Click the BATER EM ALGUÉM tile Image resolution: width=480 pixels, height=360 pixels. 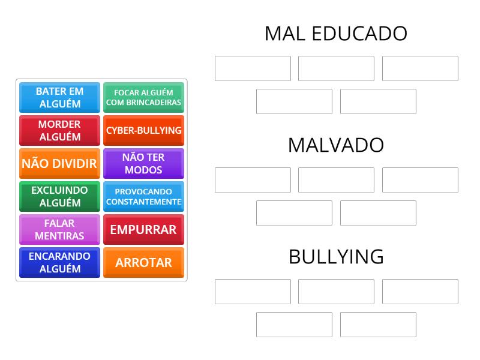(x=59, y=97)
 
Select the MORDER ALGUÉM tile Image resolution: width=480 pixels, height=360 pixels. (x=59, y=130)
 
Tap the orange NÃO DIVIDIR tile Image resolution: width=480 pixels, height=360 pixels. (x=59, y=163)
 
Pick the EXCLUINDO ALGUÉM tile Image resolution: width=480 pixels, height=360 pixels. (x=59, y=197)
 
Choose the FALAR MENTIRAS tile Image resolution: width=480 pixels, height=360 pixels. (x=59, y=230)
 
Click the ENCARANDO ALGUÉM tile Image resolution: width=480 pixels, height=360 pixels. (x=59, y=263)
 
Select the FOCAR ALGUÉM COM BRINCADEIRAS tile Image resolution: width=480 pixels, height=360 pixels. (x=143, y=97)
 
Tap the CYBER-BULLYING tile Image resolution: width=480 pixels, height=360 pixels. (x=143, y=130)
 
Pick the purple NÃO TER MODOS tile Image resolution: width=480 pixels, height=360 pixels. (x=143, y=163)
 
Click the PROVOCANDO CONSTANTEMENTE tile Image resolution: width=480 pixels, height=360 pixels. (x=143, y=197)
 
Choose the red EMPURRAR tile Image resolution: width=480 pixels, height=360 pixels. (x=143, y=230)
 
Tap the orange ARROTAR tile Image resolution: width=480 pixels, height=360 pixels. (x=143, y=263)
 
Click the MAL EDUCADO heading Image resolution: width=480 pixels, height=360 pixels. (x=336, y=34)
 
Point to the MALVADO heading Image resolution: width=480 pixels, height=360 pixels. (x=336, y=145)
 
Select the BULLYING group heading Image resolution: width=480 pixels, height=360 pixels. (x=336, y=257)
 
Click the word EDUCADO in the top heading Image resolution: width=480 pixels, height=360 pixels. (x=359, y=34)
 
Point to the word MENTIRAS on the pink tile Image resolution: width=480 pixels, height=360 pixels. (x=59, y=236)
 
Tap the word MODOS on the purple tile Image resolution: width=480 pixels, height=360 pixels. (x=143, y=170)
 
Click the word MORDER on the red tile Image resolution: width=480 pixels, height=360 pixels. (x=59, y=124)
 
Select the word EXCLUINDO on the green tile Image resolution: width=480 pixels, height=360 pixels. (x=59, y=190)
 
